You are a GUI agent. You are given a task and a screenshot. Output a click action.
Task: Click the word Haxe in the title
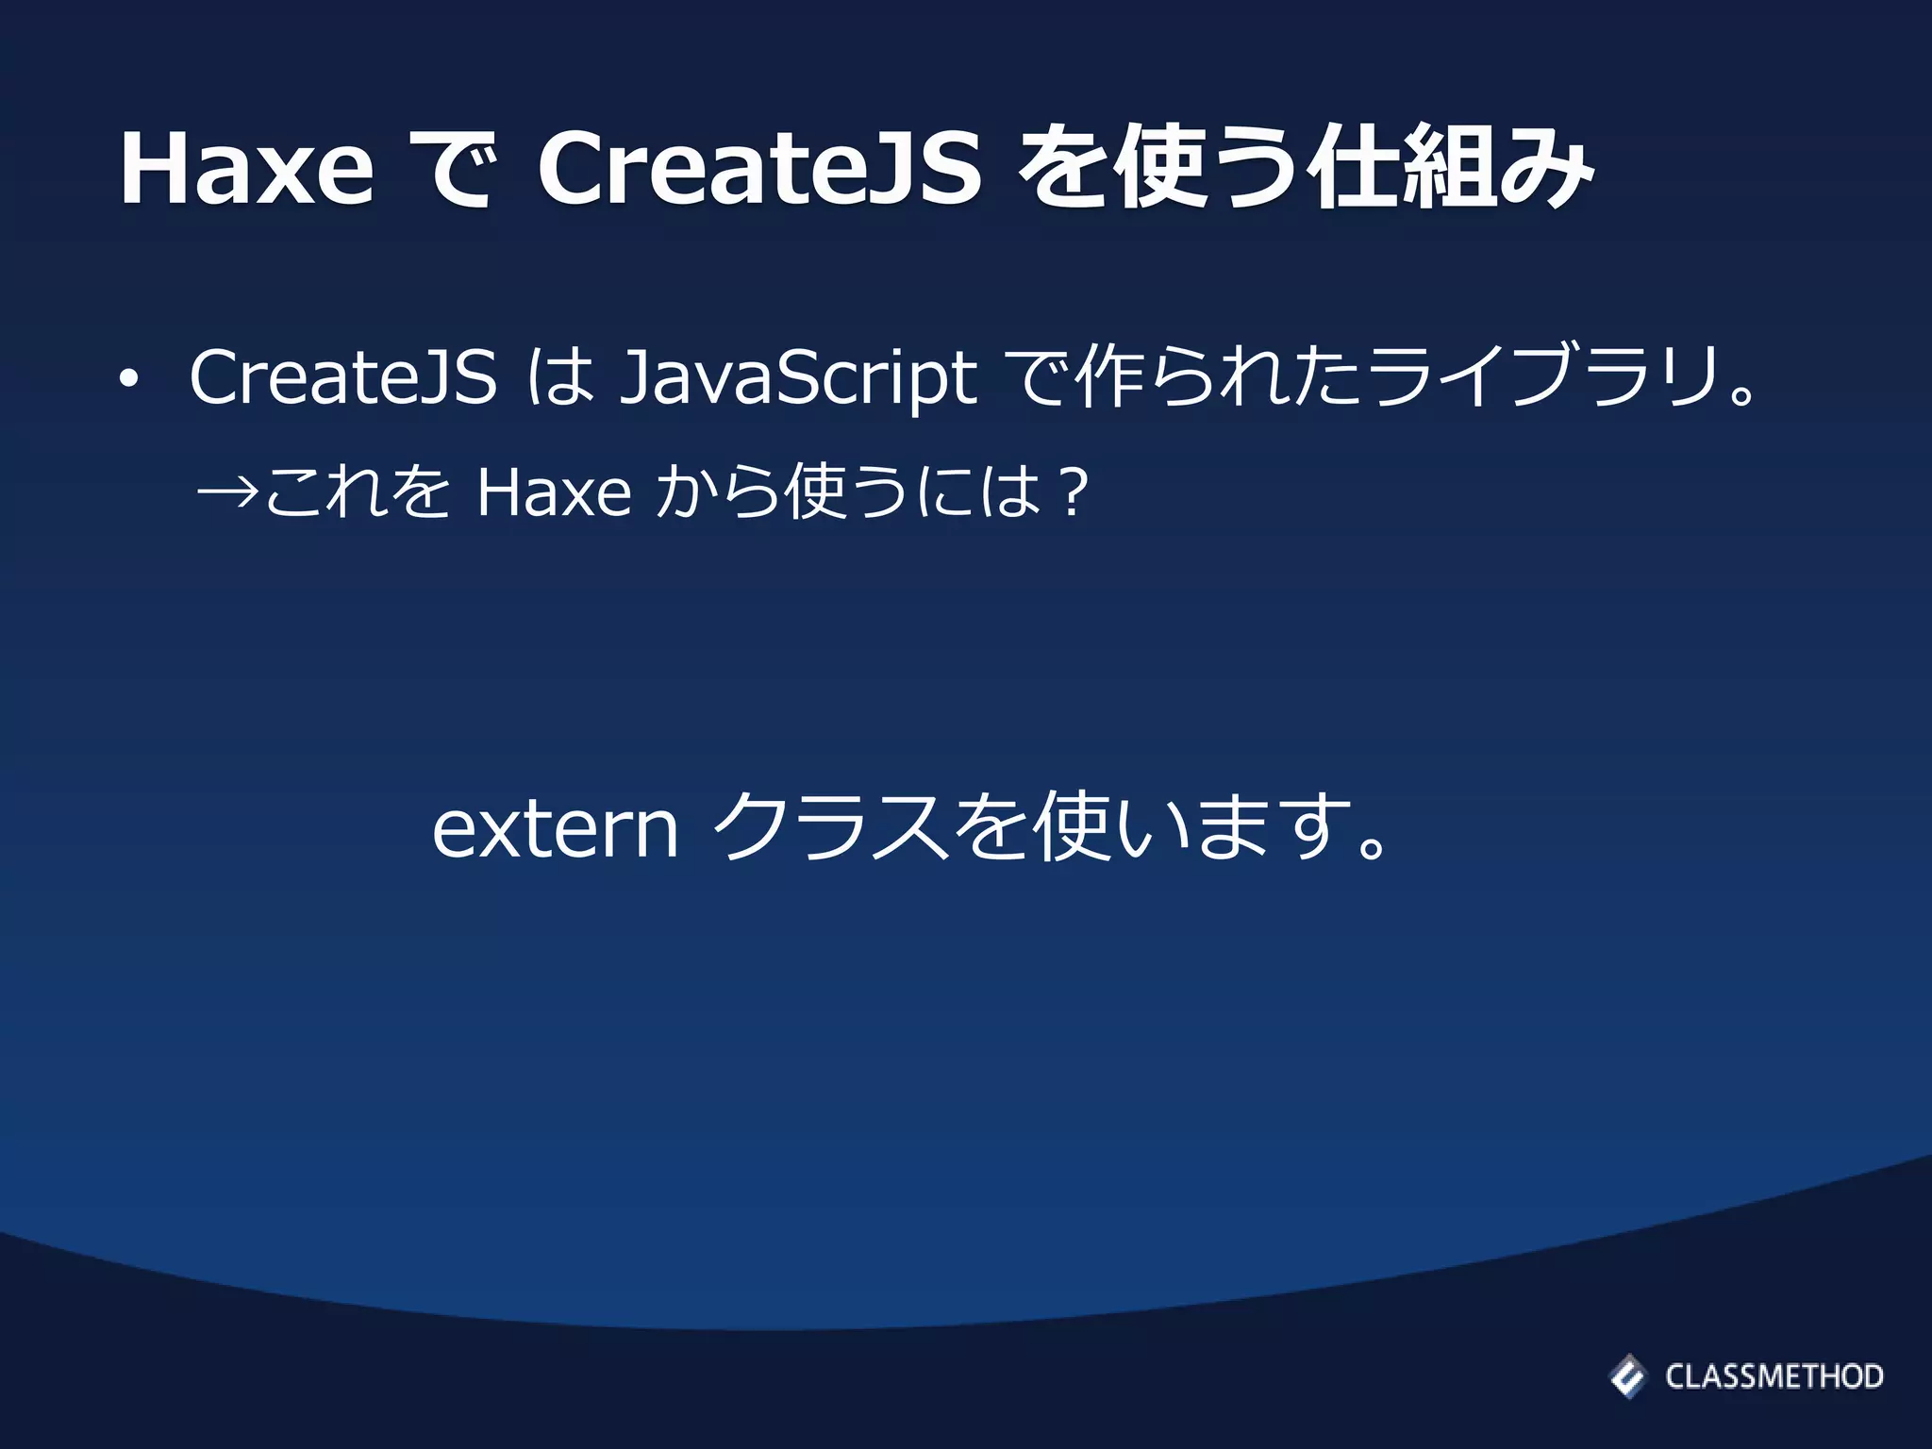pyautogui.click(x=246, y=169)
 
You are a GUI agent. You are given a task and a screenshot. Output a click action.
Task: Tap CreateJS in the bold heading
pyautogui.click(x=759, y=169)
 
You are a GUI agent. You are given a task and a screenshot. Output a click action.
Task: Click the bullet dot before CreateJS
pyautogui.click(x=128, y=380)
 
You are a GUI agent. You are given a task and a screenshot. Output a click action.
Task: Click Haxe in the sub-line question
pyautogui.click(x=554, y=492)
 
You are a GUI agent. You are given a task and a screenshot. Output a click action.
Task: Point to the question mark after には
pyautogui.click(x=1074, y=492)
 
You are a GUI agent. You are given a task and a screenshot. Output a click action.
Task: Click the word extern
pyautogui.click(x=555, y=827)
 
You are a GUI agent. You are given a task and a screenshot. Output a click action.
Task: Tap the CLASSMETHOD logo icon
pyautogui.click(x=1627, y=1375)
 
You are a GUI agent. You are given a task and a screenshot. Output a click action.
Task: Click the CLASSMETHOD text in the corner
pyautogui.click(x=1774, y=1376)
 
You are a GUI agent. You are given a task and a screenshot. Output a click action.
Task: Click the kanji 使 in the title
pyautogui.click(x=1159, y=169)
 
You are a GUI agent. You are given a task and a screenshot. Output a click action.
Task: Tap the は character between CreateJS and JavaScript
pyautogui.click(x=560, y=377)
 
